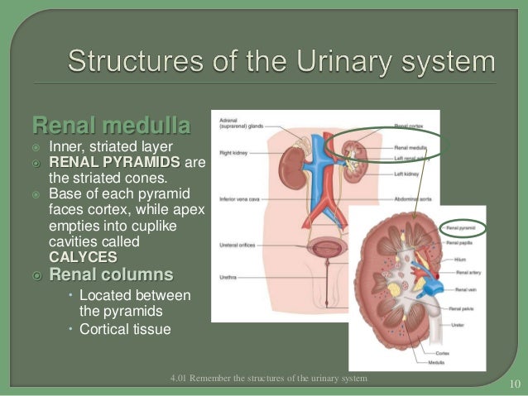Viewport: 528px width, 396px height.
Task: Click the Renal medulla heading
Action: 110,126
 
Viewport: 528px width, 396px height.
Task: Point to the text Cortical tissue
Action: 125,329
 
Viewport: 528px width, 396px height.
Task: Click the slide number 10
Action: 512,384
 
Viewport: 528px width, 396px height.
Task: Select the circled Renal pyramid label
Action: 463,226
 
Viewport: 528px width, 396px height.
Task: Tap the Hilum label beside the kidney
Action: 455,258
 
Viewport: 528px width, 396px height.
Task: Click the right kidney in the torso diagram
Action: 288,164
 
